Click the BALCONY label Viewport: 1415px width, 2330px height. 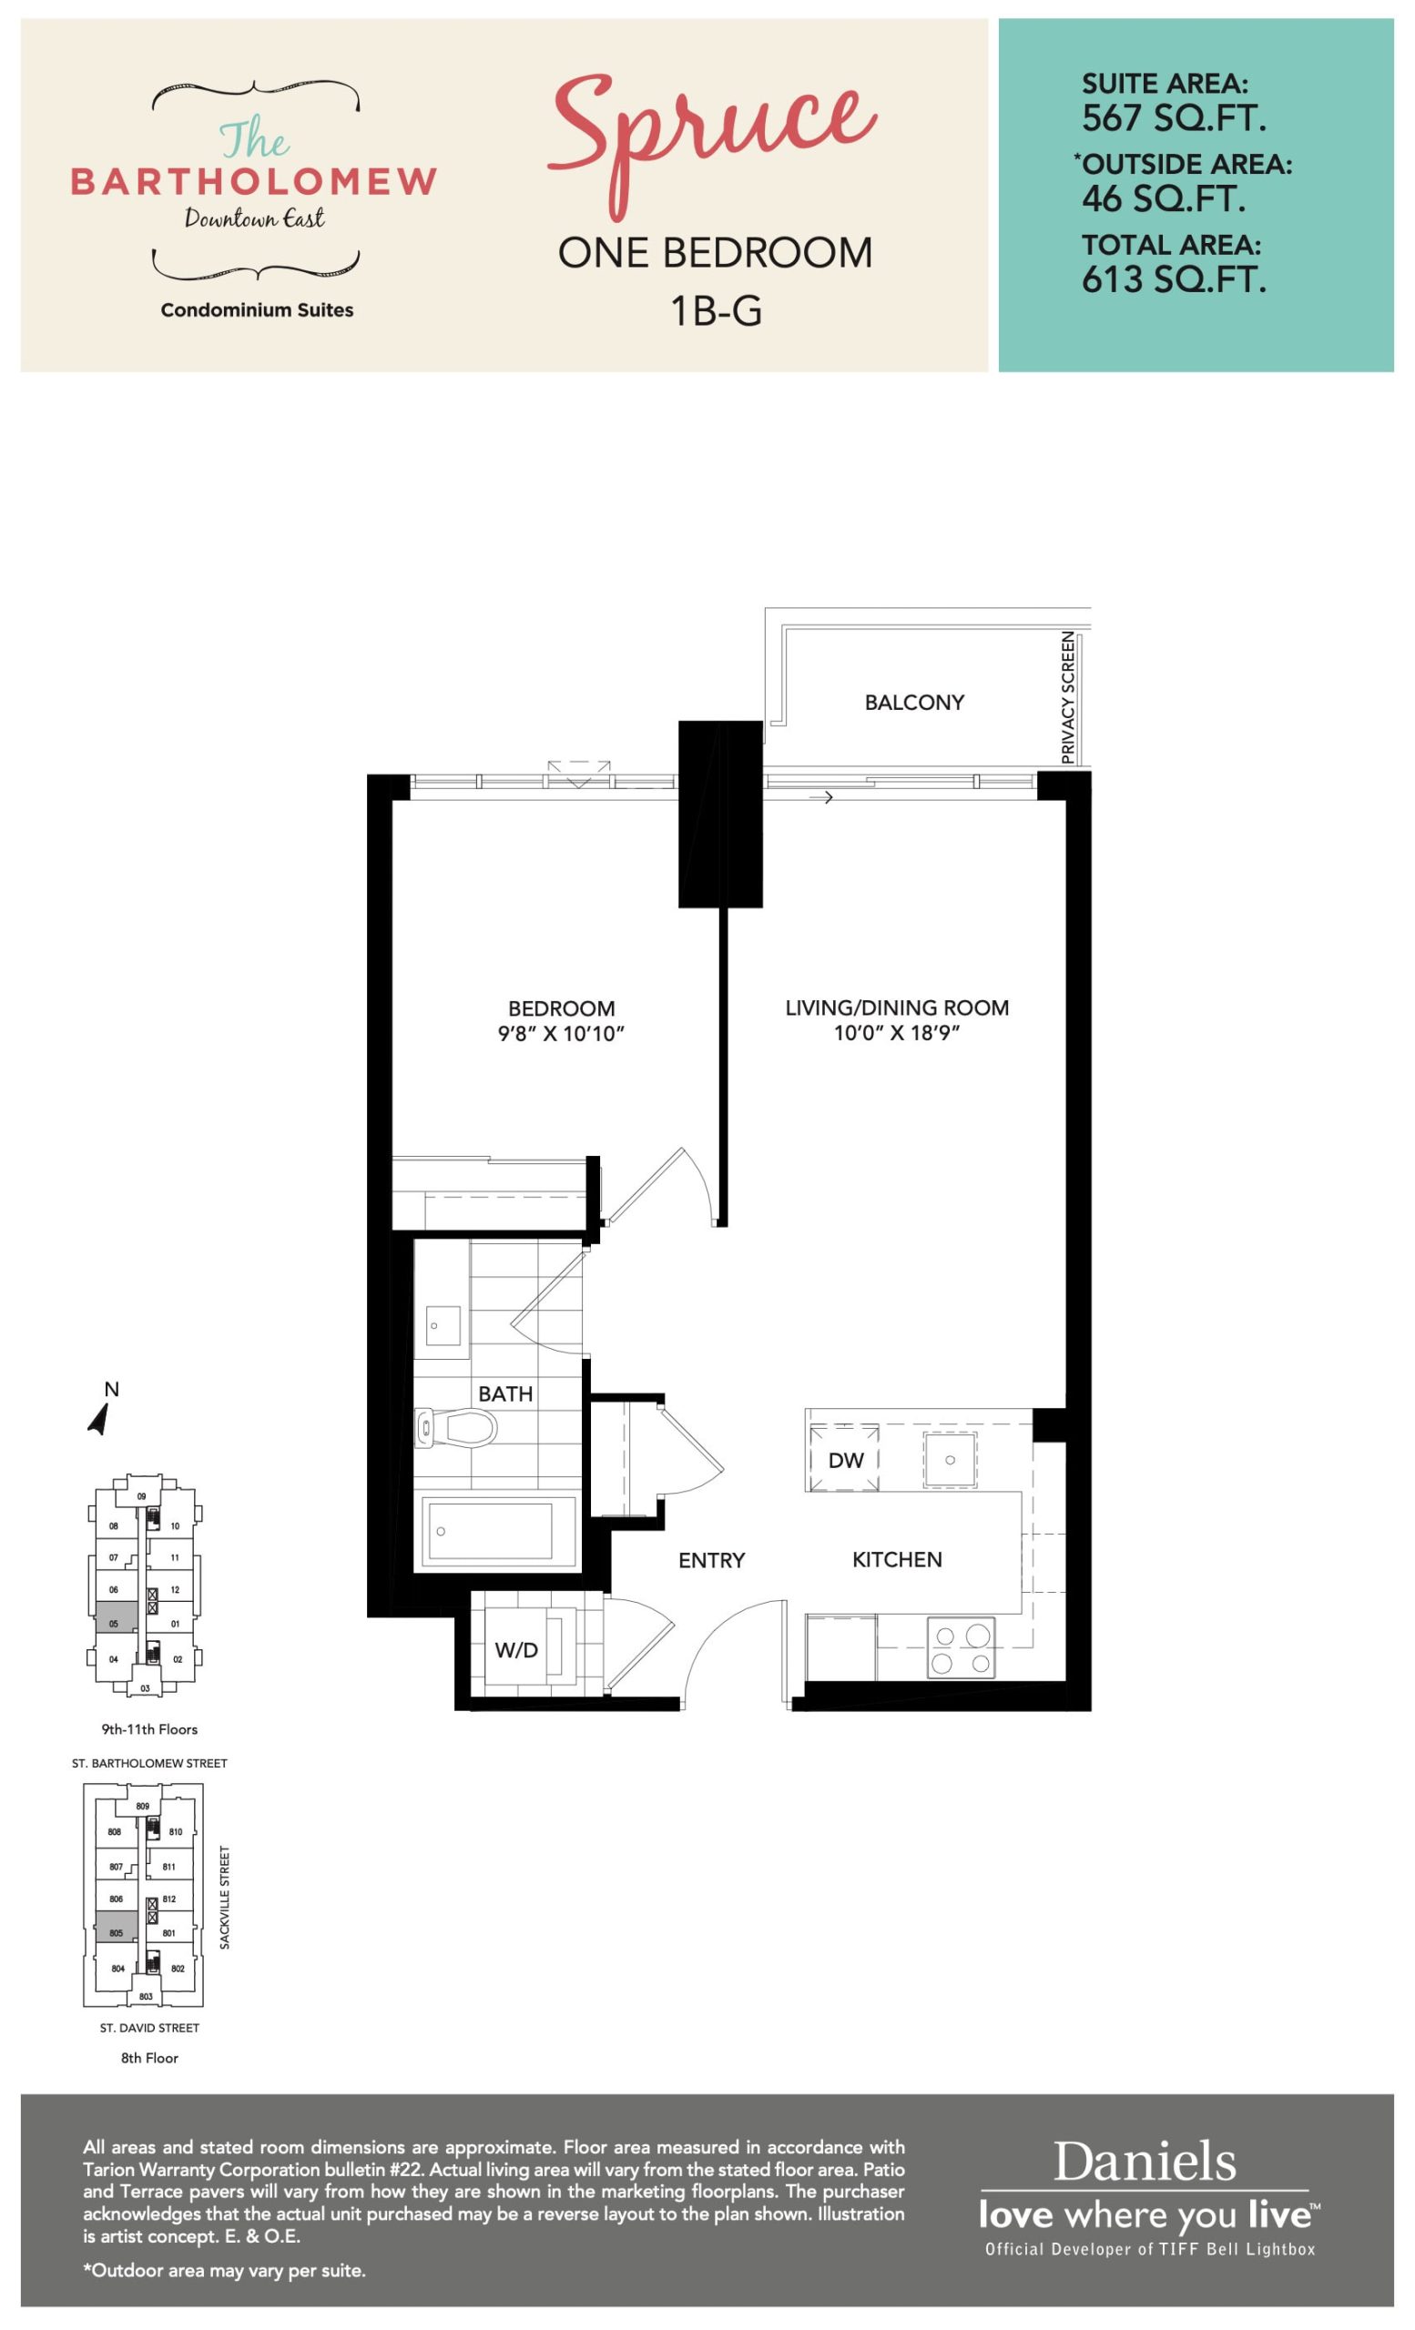pyautogui.click(x=913, y=703)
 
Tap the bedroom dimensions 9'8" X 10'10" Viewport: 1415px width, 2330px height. pyautogui.click(x=561, y=1034)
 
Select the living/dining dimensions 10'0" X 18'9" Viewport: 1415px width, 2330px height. pyautogui.click(x=897, y=1033)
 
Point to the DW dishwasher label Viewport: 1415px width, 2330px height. pyautogui.click(x=846, y=1460)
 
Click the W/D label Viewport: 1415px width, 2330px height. pyautogui.click(x=516, y=1650)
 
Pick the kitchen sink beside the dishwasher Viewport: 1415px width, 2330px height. pyautogui.click(x=950, y=1459)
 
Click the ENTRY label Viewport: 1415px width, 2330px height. pyautogui.click(x=711, y=1560)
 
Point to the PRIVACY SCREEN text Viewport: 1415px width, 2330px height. pyautogui.click(x=1068, y=697)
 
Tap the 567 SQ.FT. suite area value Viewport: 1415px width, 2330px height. pyautogui.click(x=1174, y=118)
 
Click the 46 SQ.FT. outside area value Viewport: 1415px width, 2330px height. pyautogui.click(x=1164, y=198)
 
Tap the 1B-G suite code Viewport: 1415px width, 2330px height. pyautogui.click(x=716, y=311)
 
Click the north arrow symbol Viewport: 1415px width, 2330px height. pyautogui.click(x=99, y=1419)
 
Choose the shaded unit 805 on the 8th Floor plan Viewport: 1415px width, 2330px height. pyautogui.click(x=117, y=1927)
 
